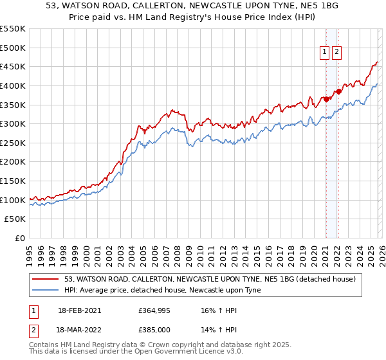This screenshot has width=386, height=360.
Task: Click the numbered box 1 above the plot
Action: pyautogui.click(x=325, y=53)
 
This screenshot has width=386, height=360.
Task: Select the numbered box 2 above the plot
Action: pyautogui.click(x=337, y=53)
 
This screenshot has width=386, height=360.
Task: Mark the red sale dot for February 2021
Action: pyautogui.click(x=326, y=99)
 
